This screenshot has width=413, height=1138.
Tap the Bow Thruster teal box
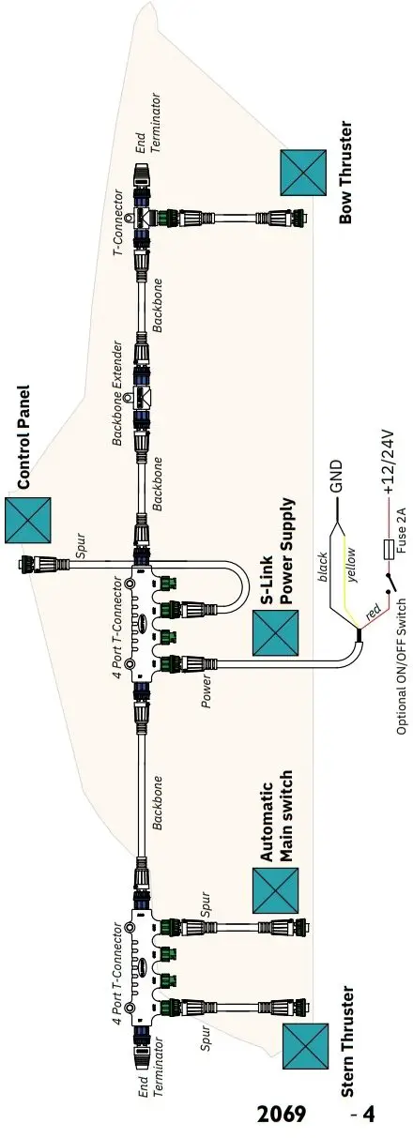(x=303, y=169)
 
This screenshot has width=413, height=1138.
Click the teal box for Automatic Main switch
(x=277, y=890)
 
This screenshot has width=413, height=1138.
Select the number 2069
(x=282, y=1115)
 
